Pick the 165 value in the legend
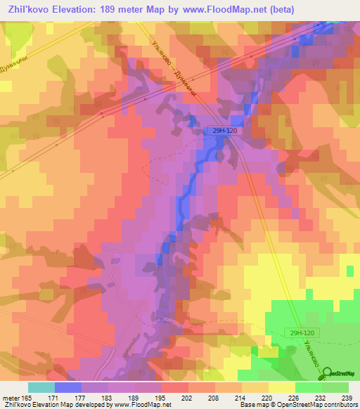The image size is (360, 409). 27,398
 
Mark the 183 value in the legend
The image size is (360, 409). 107,398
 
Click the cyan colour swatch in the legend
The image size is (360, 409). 41,387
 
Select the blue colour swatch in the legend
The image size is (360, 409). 68,387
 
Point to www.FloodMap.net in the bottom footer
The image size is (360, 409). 141,405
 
